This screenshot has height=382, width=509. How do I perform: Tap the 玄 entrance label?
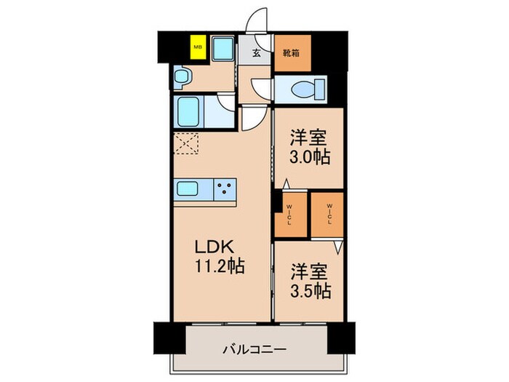click(258, 52)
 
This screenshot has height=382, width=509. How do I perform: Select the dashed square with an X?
click(186, 144)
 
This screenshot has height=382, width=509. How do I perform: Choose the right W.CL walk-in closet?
click(327, 212)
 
